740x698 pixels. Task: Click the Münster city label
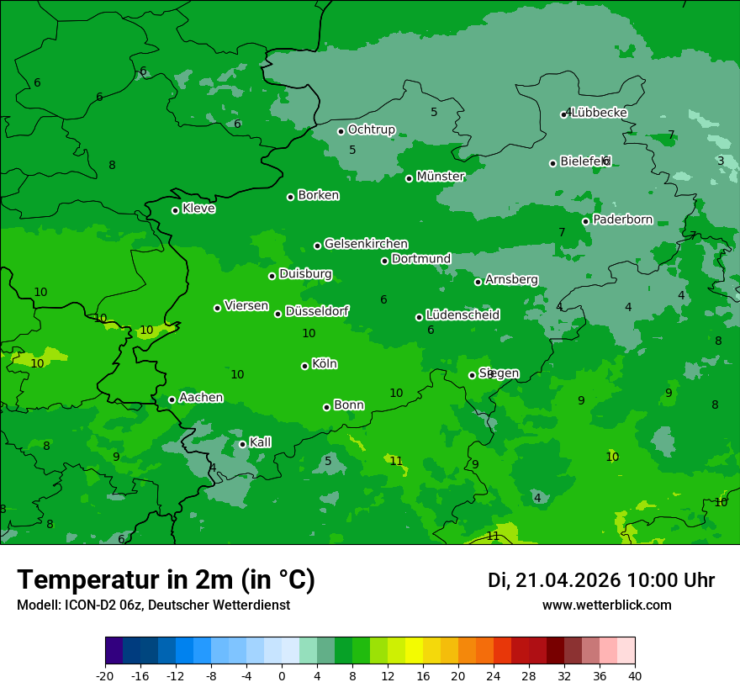[x=440, y=177]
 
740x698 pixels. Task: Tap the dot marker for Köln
[x=304, y=366]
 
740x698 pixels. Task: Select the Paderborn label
[x=622, y=219]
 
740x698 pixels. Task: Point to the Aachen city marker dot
[x=172, y=399]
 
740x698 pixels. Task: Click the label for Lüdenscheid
[x=462, y=315]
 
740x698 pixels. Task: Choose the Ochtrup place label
[x=371, y=130]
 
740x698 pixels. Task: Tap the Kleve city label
[x=198, y=209]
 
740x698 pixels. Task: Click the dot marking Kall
[x=242, y=444]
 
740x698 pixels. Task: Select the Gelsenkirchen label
[x=366, y=244]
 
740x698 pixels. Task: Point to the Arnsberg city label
[x=511, y=279]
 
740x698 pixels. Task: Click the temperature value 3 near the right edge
[x=721, y=161]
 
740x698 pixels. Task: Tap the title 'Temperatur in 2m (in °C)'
[x=166, y=579]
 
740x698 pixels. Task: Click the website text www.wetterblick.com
[x=606, y=605]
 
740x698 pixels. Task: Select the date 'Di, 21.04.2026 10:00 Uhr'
[x=601, y=580]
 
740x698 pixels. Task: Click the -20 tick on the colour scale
[x=105, y=675]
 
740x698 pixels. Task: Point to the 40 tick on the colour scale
[x=635, y=675]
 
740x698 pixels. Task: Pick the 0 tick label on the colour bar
[x=282, y=675]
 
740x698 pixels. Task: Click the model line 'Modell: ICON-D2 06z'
[x=153, y=605]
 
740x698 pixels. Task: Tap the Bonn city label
[x=349, y=405]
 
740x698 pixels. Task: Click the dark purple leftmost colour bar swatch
[x=114, y=651]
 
